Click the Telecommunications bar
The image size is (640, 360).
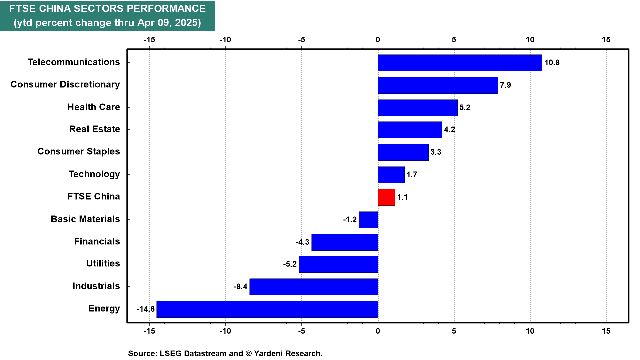pyautogui.click(x=460, y=63)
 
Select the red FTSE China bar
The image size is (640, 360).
pyautogui.click(x=387, y=197)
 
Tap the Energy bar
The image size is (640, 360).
pyautogui.click(x=267, y=309)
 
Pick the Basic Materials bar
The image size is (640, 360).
pyautogui.click(x=368, y=220)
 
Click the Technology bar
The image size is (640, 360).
pyautogui.click(x=391, y=175)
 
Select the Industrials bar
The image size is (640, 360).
pyautogui.click(x=314, y=287)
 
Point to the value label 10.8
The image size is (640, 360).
pyautogui.click(x=552, y=63)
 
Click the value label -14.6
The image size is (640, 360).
pyautogui.click(x=146, y=309)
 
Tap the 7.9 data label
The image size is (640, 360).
pyautogui.click(x=505, y=85)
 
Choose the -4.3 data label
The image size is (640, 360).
pyautogui.click(x=303, y=242)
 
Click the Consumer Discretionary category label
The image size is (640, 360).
pyautogui.click(x=65, y=84)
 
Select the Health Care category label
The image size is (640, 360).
pyautogui.click(x=94, y=107)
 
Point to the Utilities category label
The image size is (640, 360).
pyautogui.click(x=103, y=263)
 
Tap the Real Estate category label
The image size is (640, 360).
pyautogui.click(x=95, y=129)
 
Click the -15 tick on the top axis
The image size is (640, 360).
pyautogui.click(x=149, y=40)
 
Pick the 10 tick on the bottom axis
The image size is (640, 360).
pyautogui.click(x=530, y=331)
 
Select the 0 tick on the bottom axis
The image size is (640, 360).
pyautogui.click(x=378, y=331)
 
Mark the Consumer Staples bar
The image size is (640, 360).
pyautogui.click(x=403, y=152)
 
